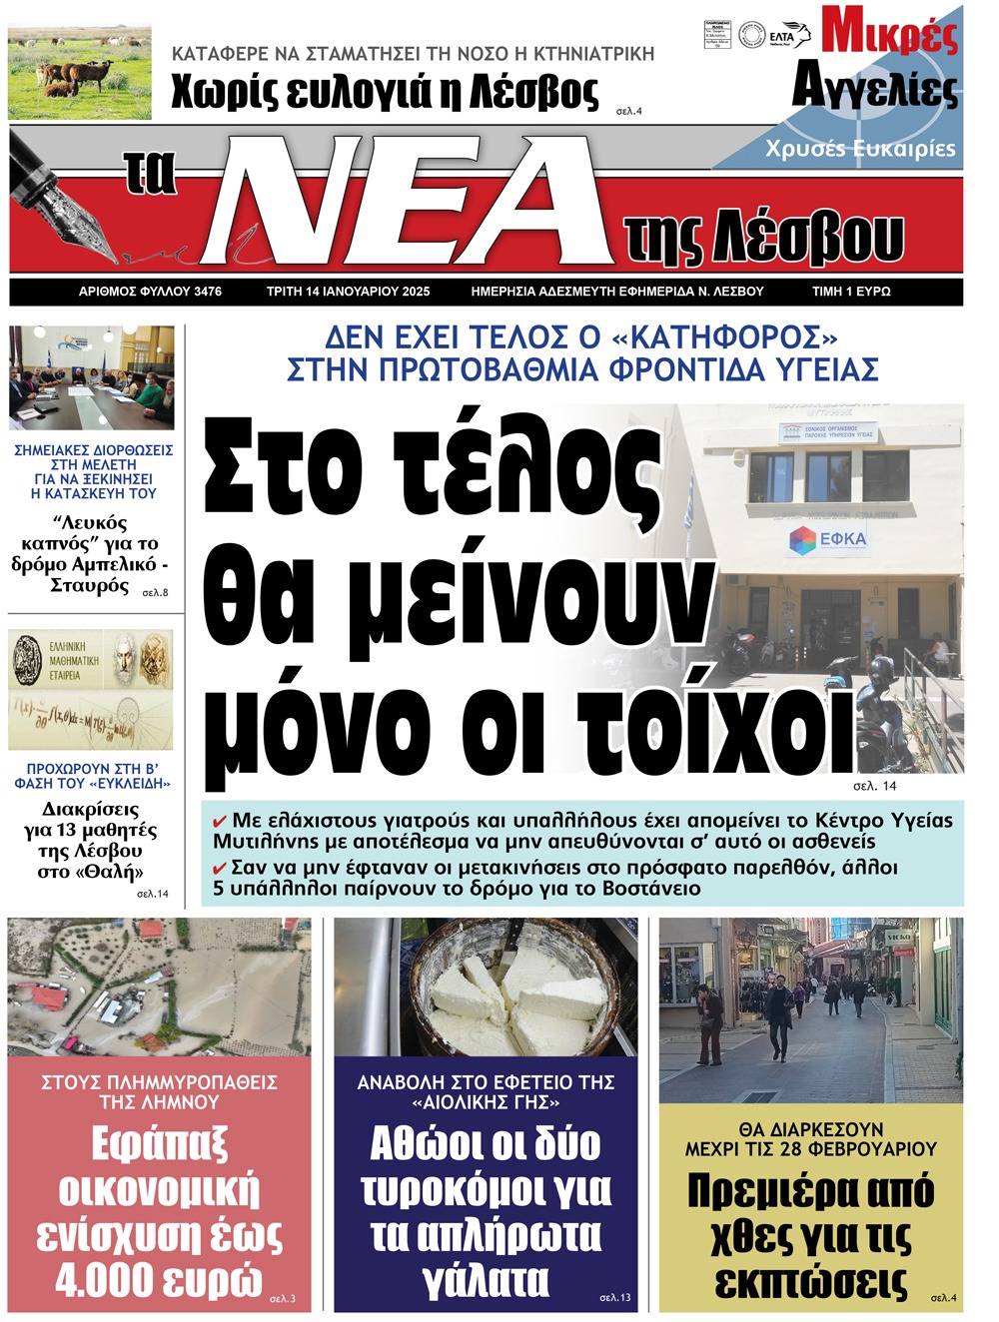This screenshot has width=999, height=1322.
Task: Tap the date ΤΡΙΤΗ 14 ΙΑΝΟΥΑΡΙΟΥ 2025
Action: pos(348,292)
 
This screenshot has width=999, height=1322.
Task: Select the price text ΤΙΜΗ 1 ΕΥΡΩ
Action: pos(850,292)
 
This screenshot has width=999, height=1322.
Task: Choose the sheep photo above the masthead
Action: pos(80,73)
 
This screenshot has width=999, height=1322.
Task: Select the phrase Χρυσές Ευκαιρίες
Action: pos(860,149)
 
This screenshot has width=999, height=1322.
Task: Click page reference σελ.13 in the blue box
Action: pos(614,1297)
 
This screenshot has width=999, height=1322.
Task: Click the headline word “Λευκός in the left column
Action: pos(90,523)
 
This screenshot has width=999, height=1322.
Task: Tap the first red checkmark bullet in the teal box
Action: pos(220,821)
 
